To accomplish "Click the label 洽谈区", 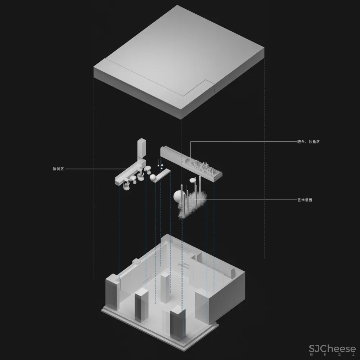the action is tap(58, 169).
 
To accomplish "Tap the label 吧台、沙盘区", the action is tap(309, 142).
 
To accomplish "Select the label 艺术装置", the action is tap(305, 200).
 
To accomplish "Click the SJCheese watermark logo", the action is tap(332, 349).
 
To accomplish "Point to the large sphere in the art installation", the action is tap(179, 196).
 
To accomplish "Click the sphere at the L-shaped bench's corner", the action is tap(153, 177).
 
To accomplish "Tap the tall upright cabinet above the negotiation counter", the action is tap(141, 148).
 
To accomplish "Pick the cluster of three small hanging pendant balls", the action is tap(160, 166).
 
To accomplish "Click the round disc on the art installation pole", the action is tap(193, 180).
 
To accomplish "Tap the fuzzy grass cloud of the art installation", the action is tap(192, 205).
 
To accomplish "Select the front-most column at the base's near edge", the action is tap(177, 323).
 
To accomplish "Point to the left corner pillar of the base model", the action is tap(112, 292).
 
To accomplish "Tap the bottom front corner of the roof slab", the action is tap(181, 120).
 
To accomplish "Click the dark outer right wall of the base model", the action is tap(226, 296).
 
